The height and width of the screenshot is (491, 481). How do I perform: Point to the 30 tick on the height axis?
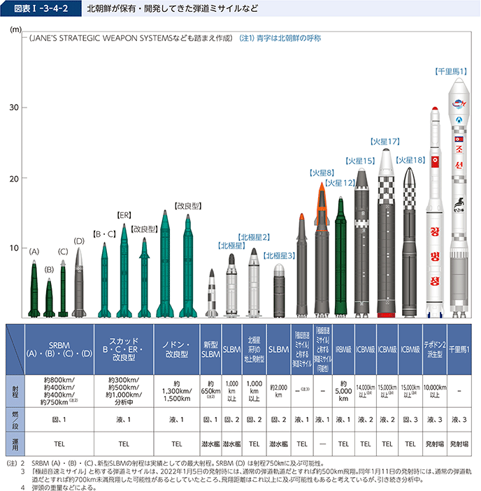point(13,107)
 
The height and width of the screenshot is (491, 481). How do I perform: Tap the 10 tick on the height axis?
point(13,248)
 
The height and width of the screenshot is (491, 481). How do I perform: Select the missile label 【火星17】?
point(385,141)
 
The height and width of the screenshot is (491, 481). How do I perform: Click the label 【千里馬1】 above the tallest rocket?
point(451,71)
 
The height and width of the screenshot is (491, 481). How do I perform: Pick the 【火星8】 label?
point(321,173)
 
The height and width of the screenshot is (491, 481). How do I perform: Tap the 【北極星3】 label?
point(279,256)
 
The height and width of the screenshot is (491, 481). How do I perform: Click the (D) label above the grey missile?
point(79,241)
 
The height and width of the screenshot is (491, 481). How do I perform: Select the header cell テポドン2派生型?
point(435,346)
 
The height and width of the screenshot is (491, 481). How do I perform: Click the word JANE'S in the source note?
point(44,39)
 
